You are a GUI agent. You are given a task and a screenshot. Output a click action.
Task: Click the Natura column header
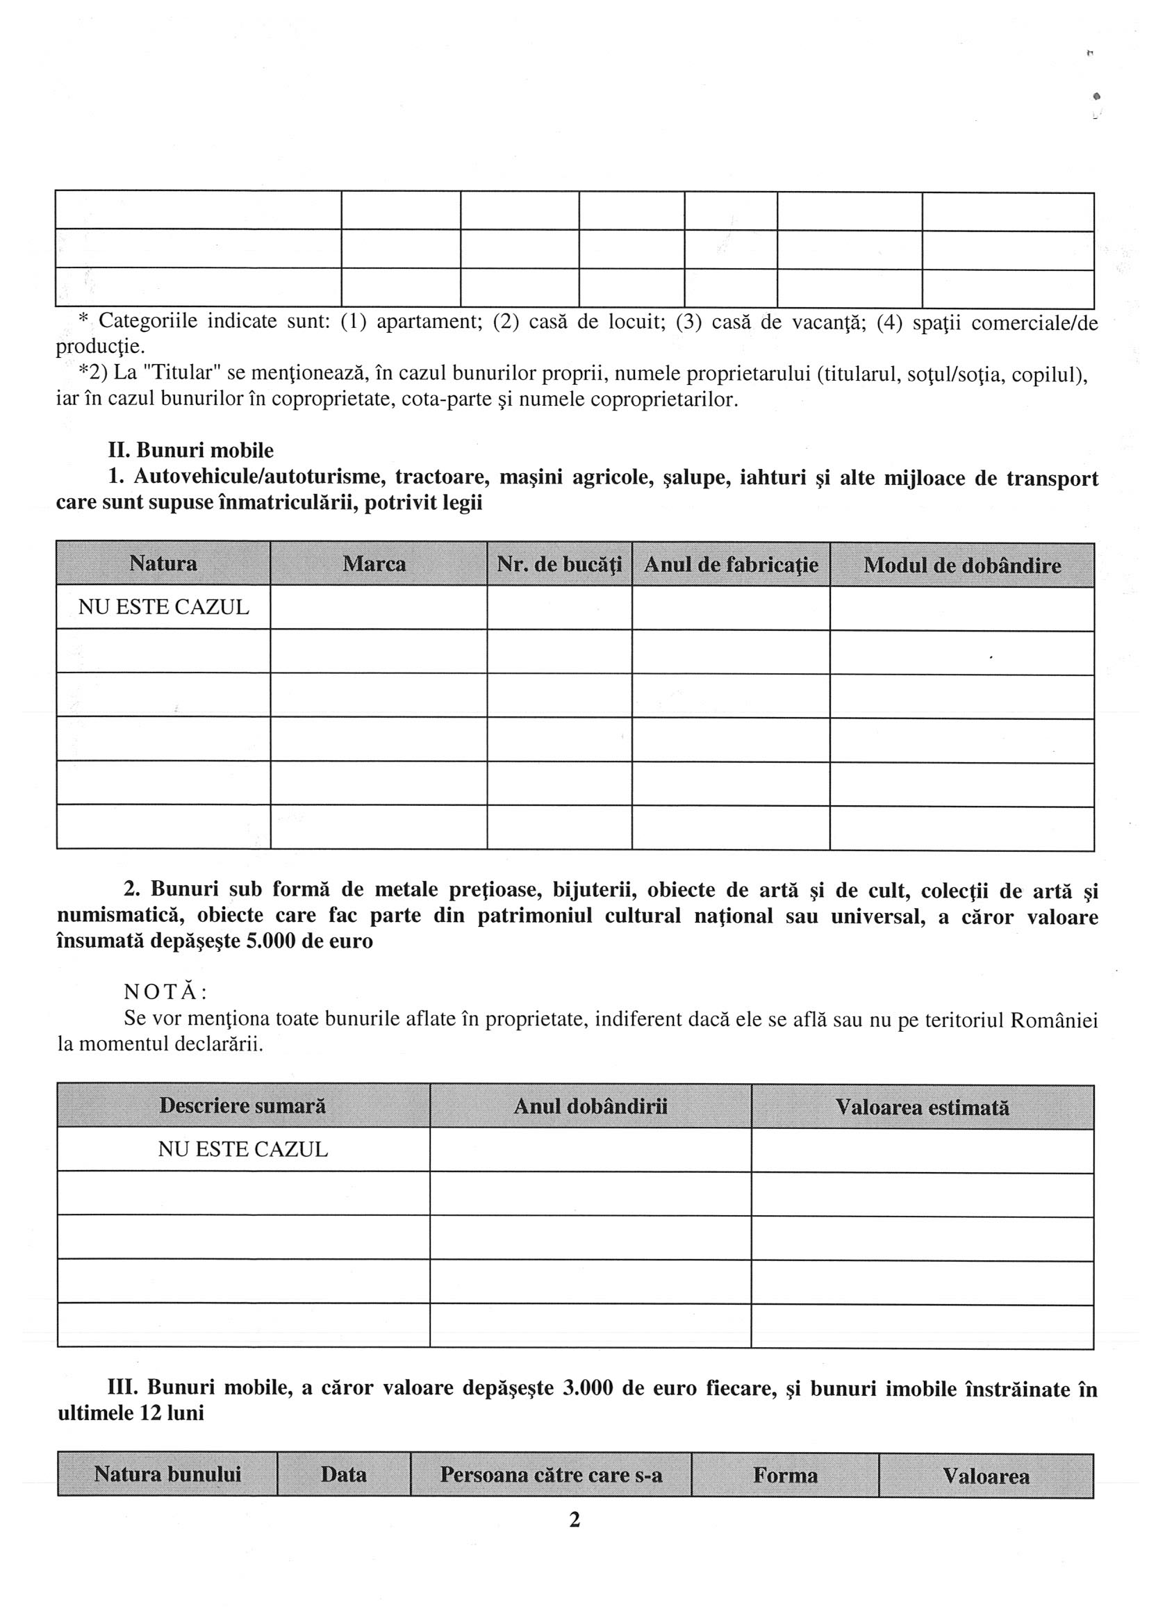[x=163, y=564]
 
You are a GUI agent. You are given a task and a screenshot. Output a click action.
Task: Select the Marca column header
[x=374, y=564]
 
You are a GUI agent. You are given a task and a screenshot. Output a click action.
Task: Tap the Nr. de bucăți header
[x=559, y=566]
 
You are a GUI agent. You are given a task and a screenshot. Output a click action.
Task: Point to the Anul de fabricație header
[x=731, y=566]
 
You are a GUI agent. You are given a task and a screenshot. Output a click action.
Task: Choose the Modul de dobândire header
[x=961, y=566]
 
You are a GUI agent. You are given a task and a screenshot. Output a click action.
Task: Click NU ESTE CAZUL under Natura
[x=164, y=607]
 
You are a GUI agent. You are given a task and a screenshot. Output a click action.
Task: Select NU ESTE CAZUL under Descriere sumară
[x=242, y=1150]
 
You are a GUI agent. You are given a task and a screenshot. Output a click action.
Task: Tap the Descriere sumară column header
[x=242, y=1105]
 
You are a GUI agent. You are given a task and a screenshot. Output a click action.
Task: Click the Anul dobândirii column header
[x=590, y=1106]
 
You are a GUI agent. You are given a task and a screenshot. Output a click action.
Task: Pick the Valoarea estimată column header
[x=922, y=1107]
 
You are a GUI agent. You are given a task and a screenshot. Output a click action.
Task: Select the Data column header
[x=344, y=1474]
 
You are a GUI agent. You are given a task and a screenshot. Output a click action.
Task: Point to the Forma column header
[x=785, y=1475]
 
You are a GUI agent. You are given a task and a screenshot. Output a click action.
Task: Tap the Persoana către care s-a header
[x=551, y=1474]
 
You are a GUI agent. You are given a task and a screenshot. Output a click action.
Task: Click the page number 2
[x=575, y=1520]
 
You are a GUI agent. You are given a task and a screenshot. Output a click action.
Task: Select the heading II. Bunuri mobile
[x=191, y=451]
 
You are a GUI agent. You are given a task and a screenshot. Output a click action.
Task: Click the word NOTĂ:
[x=165, y=992]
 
